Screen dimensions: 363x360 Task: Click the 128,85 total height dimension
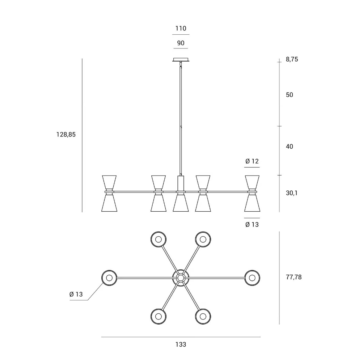click(66, 135)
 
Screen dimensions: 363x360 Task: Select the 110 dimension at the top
click(181, 29)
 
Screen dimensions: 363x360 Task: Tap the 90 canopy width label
click(181, 43)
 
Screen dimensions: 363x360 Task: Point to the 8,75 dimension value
click(292, 59)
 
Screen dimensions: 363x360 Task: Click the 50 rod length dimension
click(290, 95)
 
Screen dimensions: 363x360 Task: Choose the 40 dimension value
click(290, 147)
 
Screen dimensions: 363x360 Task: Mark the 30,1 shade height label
click(292, 193)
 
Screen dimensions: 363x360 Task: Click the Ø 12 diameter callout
click(252, 161)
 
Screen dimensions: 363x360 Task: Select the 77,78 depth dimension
click(294, 277)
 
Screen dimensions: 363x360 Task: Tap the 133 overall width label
click(181, 344)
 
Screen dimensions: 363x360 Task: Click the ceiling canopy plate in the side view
click(181, 59)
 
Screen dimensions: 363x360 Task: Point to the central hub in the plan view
click(181, 278)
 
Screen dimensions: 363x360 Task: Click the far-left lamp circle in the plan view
click(109, 278)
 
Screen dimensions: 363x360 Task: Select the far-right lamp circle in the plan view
click(252, 278)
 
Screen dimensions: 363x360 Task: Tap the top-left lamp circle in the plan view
click(159, 239)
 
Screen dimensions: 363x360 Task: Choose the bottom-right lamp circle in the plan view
click(203, 317)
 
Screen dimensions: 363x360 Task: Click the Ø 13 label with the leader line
click(76, 294)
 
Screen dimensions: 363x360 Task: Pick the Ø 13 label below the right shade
click(252, 225)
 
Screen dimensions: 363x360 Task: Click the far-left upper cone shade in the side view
click(109, 183)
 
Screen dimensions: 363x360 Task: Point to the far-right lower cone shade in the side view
click(252, 203)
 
